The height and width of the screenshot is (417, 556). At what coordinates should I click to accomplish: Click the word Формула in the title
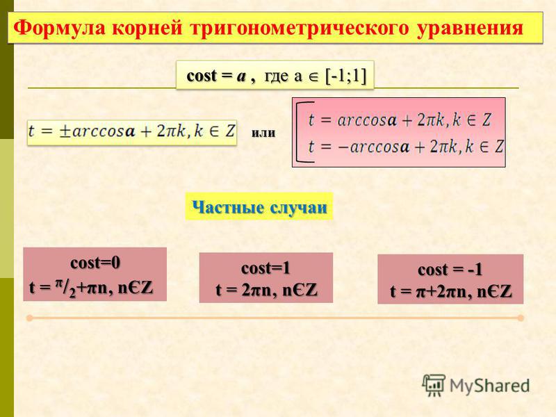pos(59,28)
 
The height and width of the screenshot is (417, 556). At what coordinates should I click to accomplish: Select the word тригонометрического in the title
pos(300,28)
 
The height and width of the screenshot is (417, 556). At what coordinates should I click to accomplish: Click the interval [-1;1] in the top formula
pos(345,76)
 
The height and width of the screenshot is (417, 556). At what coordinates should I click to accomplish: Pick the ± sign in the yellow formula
pos(65,131)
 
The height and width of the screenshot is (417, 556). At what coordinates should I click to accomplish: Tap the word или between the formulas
pos(263,133)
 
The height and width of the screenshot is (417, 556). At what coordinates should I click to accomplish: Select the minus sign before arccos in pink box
pos(343,147)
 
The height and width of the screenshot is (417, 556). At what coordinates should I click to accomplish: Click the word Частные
pos(228,207)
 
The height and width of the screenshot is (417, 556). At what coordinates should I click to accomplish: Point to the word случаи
pos(299,207)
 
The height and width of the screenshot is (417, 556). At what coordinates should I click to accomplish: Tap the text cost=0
pos(95,263)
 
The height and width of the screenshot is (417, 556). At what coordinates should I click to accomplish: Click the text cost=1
pos(265,268)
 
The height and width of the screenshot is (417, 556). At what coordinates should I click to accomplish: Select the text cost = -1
pos(450,270)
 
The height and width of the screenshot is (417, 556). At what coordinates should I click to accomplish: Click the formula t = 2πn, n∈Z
pos(267,290)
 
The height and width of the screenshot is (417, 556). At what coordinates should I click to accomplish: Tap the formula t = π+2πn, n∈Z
pos(451,292)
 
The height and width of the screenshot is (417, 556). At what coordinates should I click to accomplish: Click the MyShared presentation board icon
pos(434,385)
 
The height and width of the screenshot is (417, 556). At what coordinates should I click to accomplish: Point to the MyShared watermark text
pos(490,386)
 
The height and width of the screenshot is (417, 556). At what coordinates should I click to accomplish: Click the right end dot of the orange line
pos(521,318)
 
